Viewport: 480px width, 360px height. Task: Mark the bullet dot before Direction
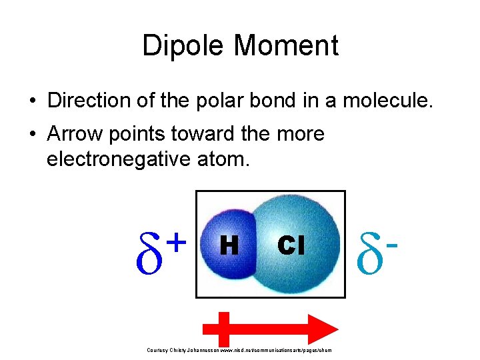click(x=32, y=101)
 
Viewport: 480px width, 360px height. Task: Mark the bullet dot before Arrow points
click(x=32, y=135)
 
